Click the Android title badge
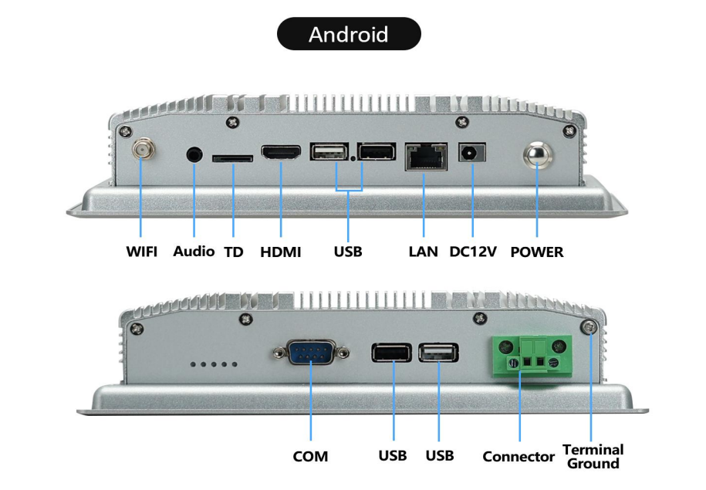(349, 35)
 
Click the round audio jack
(194, 153)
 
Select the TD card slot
(232, 157)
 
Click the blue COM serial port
(310, 355)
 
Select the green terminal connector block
(530, 353)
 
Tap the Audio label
(194, 252)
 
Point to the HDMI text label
(281, 252)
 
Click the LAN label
(423, 252)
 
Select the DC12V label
(473, 252)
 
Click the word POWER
(537, 252)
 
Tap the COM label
(310, 457)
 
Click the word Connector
(519, 457)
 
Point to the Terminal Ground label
(593, 456)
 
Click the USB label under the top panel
(348, 252)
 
